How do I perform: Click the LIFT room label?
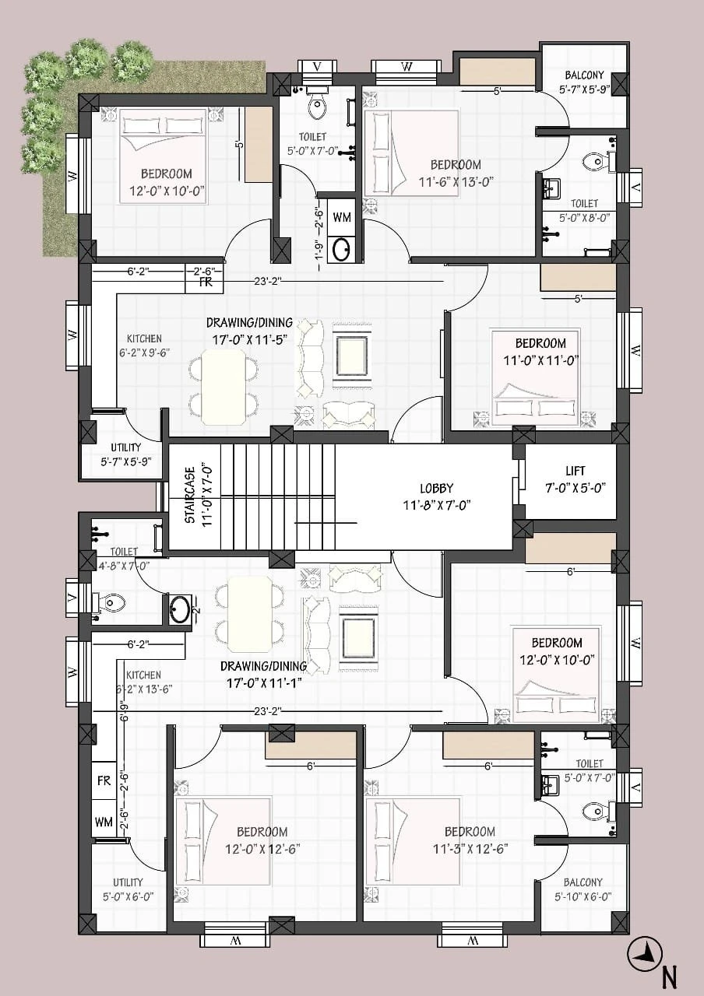575,470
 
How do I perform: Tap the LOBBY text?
437,488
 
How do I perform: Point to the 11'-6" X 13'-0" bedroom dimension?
456,182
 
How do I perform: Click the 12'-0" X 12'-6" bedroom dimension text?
262,849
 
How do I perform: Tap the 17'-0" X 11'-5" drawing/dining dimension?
249,339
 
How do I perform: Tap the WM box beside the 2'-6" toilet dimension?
342,217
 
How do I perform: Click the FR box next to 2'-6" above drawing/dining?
205,282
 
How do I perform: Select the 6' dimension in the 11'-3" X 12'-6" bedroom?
488,766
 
